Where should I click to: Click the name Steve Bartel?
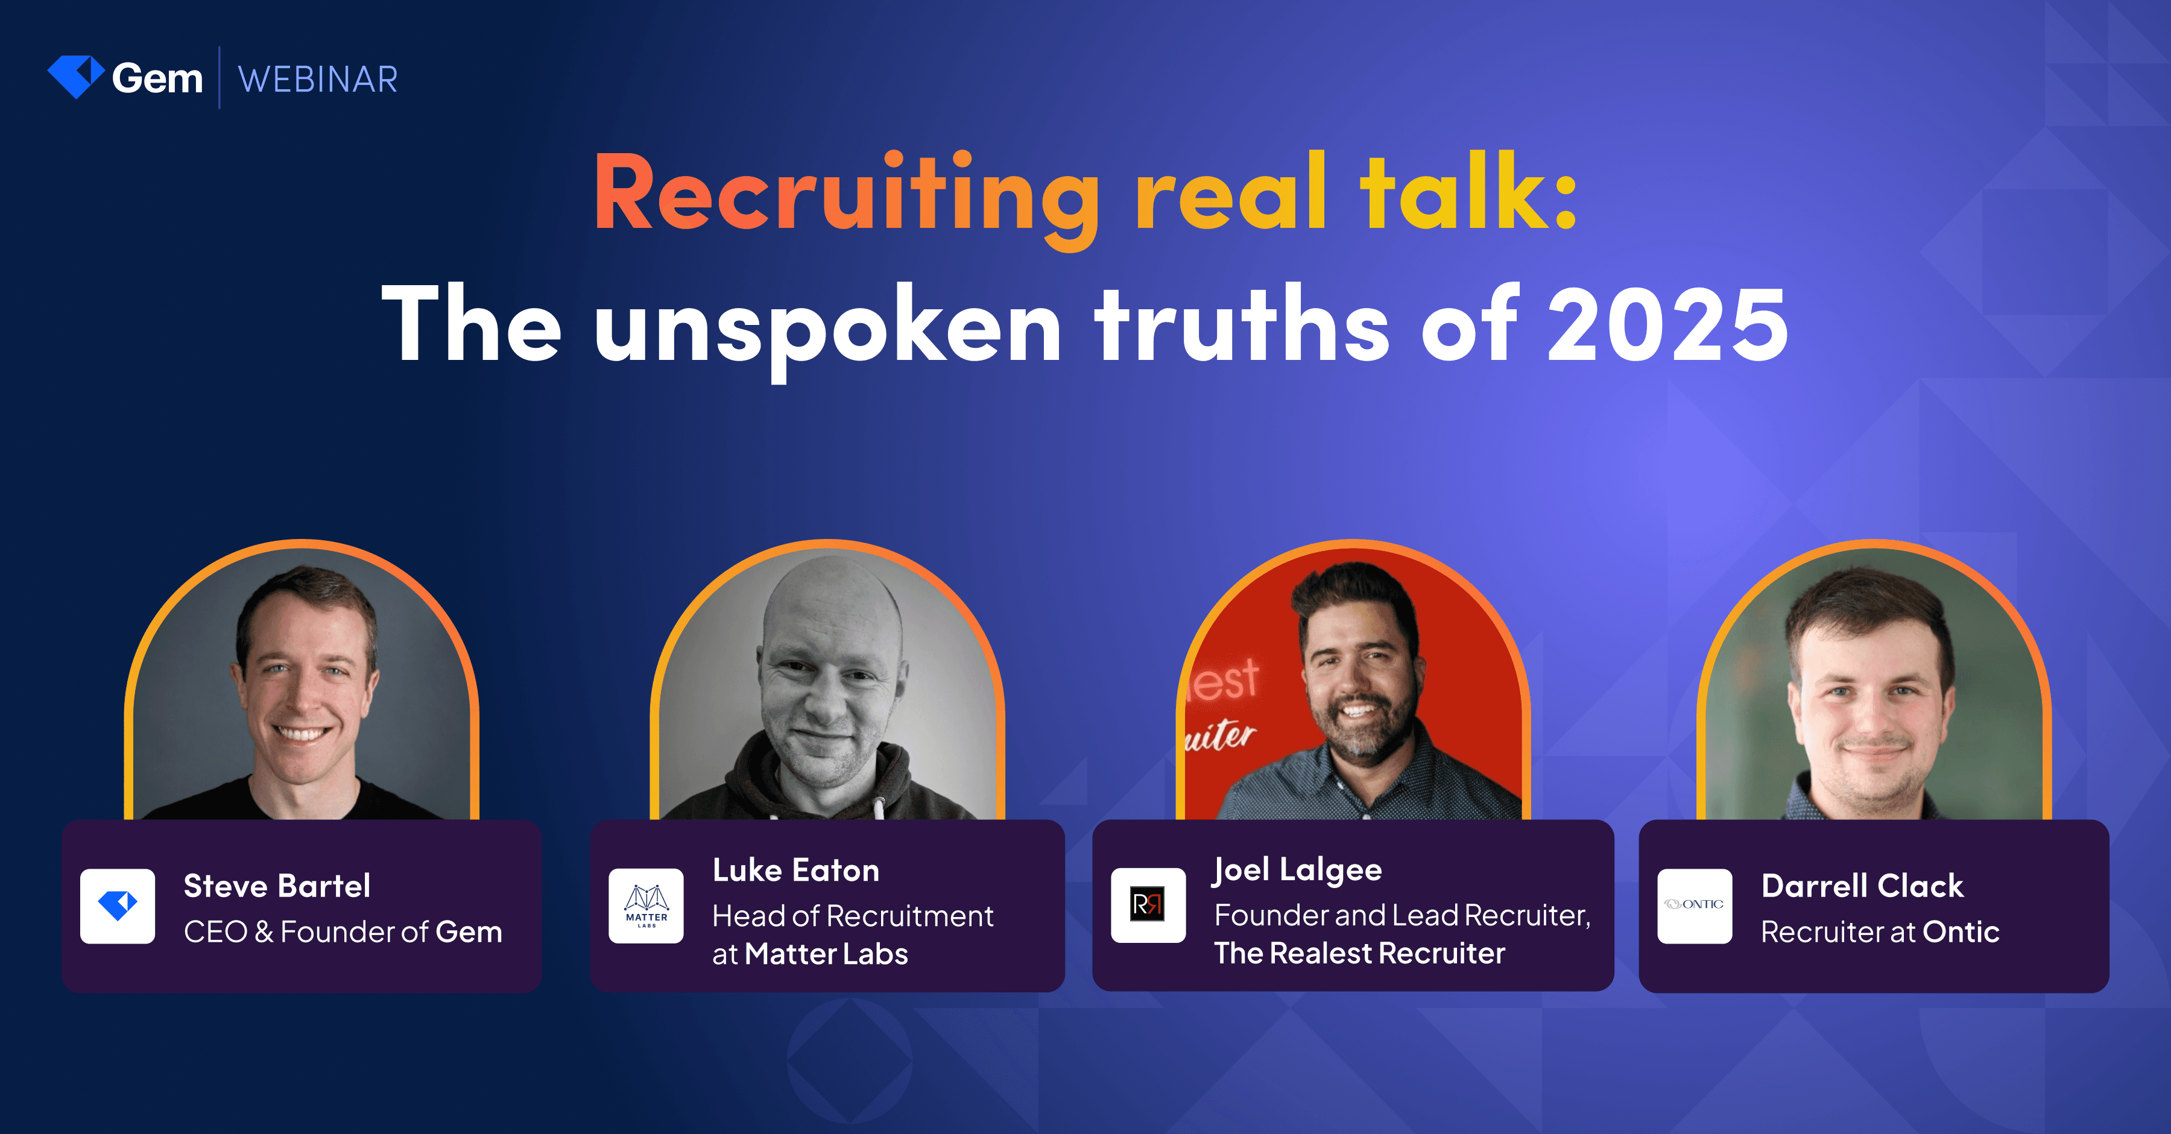276,886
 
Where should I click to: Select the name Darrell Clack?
1862,886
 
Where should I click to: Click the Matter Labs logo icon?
645,906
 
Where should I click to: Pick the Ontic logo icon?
1694,906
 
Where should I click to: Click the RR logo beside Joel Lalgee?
1147,905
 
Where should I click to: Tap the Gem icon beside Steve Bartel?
117,906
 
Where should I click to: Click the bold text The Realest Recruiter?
1359,953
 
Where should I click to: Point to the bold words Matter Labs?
826,954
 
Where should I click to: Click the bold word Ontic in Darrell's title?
1961,932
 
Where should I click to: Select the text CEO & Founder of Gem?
342,932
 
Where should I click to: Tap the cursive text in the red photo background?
1221,735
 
